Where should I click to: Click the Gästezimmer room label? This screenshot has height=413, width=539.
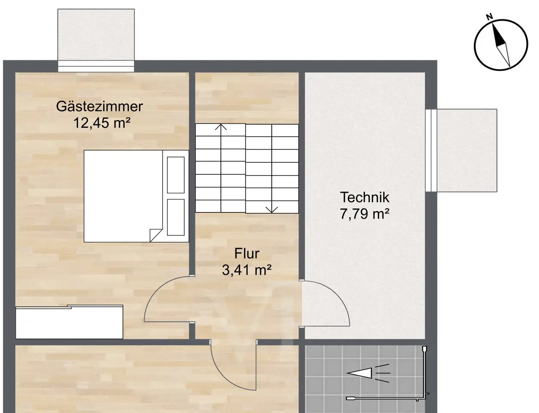99,107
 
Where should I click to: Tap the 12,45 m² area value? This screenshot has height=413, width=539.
102,123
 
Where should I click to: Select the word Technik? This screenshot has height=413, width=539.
365,197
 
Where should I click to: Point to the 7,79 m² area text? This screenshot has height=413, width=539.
365,213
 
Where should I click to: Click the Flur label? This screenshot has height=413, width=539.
247,253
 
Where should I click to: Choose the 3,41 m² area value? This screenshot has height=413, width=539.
247,270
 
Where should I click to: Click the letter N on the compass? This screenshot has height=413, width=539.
490,17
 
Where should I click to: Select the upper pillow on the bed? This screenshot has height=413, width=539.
176,175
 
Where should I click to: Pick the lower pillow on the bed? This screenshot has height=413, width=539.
176,217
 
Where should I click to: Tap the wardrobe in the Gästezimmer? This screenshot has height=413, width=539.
69,322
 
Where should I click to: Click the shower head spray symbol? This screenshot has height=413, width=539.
368,373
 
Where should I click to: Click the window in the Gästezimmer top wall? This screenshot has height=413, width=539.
96,66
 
